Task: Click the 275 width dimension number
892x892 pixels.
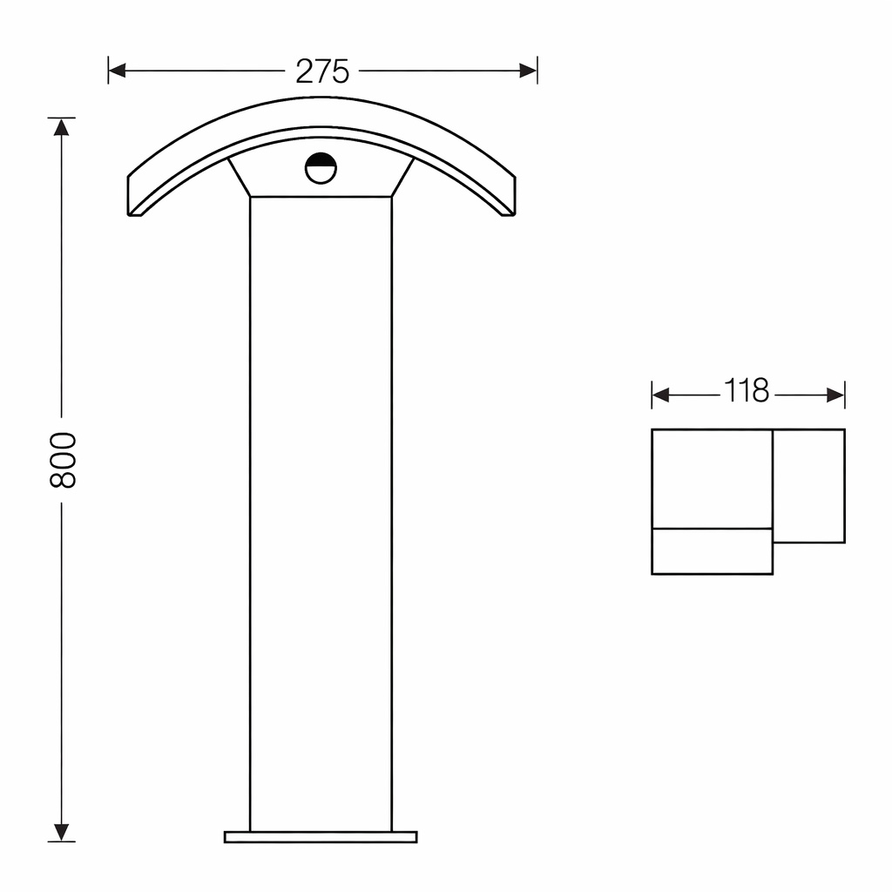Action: pyautogui.click(x=322, y=71)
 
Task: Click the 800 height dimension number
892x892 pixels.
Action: pyautogui.click(x=63, y=460)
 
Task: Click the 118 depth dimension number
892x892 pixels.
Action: pyautogui.click(x=747, y=391)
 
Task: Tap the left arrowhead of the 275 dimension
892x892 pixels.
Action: pyautogui.click(x=117, y=71)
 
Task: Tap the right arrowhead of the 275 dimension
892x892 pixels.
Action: pyautogui.click(x=529, y=71)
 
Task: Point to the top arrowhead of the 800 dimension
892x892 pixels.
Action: pyautogui.click(x=62, y=127)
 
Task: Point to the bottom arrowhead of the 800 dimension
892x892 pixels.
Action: pyautogui.click(x=62, y=832)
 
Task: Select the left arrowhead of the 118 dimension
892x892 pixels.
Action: pyautogui.click(x=660, y=395)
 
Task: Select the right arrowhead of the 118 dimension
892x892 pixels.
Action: pyautogui.click(x=835, y=395)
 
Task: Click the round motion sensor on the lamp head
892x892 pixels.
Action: pyautogui.click(x=321, y=168)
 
